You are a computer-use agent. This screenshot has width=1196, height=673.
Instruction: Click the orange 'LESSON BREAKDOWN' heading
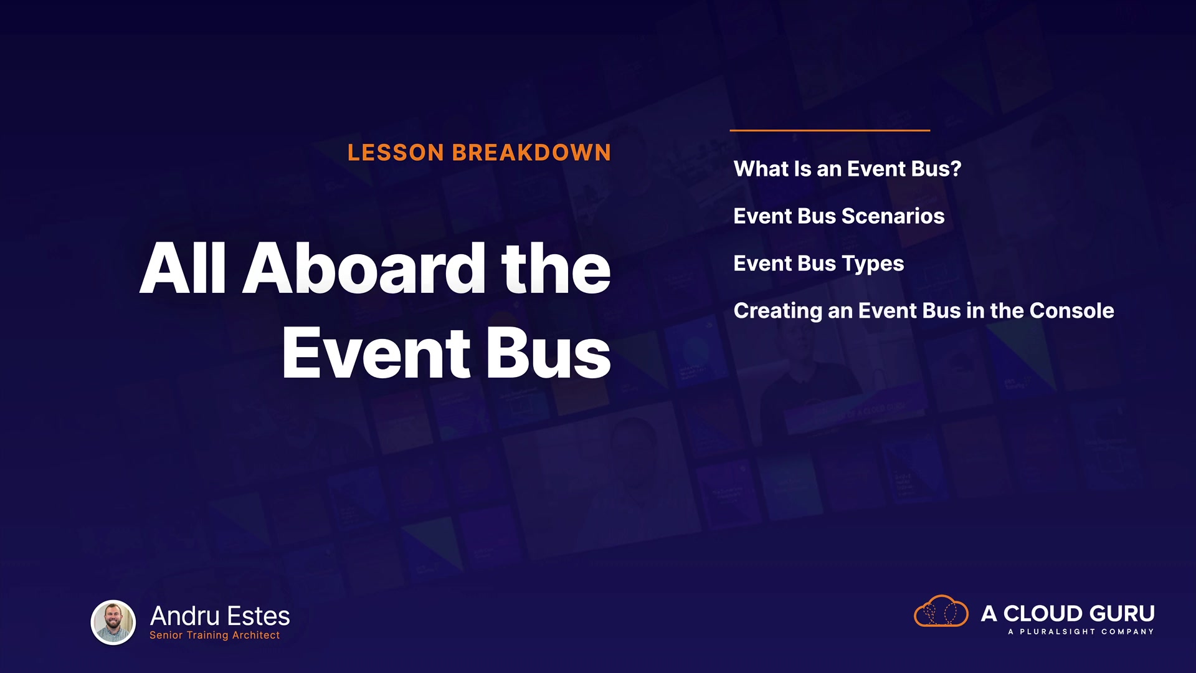pos(479,153)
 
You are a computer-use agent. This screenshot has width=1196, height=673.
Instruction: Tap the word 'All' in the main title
pos(183,269)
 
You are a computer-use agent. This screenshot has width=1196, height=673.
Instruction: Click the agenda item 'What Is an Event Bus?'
pos(847,169)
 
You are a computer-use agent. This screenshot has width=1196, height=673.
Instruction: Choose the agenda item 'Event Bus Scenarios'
pos(839,216)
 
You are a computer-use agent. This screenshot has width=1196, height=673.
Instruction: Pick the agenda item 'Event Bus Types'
pos(819,264)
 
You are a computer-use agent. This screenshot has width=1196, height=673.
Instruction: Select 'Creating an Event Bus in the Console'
pos(924,311)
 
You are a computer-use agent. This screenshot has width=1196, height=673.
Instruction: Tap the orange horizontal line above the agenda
pos(830,130)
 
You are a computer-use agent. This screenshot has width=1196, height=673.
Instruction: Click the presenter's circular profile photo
pos(113,622)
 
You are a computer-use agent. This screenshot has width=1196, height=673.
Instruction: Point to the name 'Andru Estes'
pos(220,616)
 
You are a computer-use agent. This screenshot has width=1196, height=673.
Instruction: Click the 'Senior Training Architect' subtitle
pos(214,636)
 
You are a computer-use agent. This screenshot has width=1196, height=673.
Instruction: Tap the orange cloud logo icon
pos(941,611)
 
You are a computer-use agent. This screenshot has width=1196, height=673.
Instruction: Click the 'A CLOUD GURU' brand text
pos(1068,614)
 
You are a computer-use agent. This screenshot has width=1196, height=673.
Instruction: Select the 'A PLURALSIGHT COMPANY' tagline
pos(1081,632)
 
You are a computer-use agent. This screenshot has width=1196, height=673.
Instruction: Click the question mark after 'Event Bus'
pos(956,169)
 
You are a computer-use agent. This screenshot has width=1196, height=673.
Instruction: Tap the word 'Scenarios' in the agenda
pos(893,216)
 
